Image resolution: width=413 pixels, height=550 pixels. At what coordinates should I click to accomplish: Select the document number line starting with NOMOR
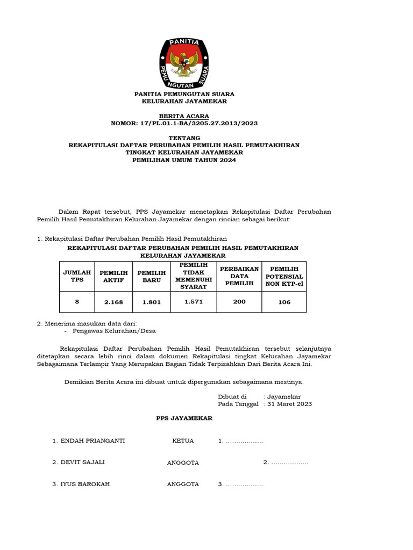coord(184,123)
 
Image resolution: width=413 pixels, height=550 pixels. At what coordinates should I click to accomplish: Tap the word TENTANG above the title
coord(184,138)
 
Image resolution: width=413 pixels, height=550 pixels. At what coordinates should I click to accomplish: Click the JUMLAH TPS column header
coord(77,276)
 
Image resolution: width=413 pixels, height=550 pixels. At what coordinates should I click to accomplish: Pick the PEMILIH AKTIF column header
coord(113,276)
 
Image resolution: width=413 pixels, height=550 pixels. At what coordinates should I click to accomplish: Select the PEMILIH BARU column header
coord(152,276)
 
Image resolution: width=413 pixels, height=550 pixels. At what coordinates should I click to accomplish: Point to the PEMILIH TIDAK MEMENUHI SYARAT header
coord(194,276)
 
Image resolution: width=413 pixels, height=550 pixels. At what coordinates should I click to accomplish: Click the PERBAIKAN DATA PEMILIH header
coord(239,276)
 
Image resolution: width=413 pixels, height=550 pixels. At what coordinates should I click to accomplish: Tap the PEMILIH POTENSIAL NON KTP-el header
coord(284,276)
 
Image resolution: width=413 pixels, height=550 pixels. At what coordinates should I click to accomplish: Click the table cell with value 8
coord(77,302)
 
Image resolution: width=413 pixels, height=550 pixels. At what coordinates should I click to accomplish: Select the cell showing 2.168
coord(113,302)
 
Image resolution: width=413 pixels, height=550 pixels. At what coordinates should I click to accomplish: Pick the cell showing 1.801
coord(152,302)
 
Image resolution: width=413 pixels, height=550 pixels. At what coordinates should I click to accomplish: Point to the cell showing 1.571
coord(194,302)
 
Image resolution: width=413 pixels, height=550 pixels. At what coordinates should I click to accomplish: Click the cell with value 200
coord(239,302)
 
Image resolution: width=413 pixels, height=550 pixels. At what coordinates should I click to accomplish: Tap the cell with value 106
coord(284,302)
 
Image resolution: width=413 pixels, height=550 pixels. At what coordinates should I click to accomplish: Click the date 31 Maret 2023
coord(290,404)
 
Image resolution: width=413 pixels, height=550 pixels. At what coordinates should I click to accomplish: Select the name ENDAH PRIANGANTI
coord(92,440)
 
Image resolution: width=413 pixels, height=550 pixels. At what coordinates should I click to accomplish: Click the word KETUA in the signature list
coord(183,440)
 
